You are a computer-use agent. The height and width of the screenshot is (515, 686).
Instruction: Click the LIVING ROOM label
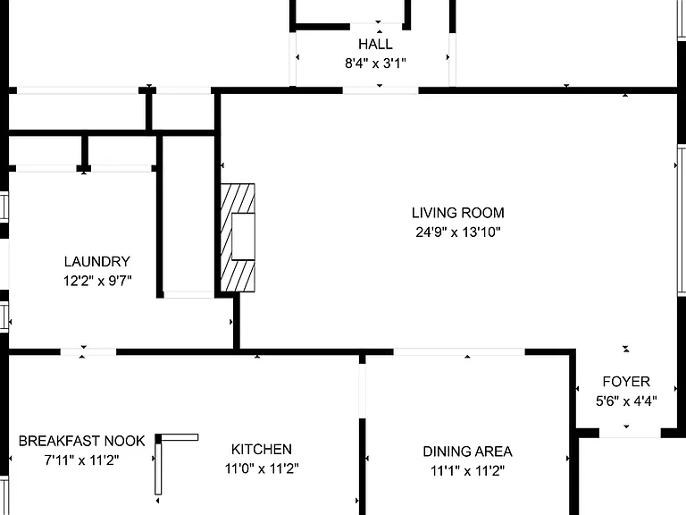click(457, 213)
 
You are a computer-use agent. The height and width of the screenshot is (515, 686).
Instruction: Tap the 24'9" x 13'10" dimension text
click(457, 232)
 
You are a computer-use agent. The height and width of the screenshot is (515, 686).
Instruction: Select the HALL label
click(375, 44)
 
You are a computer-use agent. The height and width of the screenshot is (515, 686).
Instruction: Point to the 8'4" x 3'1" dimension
click(375, 63)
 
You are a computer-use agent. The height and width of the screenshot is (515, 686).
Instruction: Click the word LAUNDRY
click(97, 261)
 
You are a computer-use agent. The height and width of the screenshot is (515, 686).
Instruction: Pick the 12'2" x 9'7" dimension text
click(97, 280)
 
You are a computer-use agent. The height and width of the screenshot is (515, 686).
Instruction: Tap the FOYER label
click(626, 382)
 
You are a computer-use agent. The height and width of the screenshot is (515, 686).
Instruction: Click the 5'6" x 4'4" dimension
click(626, 401)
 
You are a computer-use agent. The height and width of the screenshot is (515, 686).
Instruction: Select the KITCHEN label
click(261, 450)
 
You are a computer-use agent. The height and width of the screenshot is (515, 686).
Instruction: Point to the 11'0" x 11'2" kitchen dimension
click(261, 469)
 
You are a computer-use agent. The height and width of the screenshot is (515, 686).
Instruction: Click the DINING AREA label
click(467, 452)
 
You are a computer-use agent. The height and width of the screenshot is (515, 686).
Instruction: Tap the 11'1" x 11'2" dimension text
click(467, 471)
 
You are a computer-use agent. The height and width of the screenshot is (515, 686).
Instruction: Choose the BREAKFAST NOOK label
click(82, 441)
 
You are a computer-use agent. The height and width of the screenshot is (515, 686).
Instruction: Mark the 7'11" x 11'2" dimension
click(82, 460)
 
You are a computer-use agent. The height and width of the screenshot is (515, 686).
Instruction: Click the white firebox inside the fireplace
click(243, 236)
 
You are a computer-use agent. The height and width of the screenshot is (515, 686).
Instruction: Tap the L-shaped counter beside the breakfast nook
click(158, 464)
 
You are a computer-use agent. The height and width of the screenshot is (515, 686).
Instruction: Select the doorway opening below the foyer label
click(630, 434)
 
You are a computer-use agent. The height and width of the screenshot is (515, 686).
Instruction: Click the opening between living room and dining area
click(459, 352)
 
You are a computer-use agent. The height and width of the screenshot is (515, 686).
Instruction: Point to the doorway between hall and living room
click(381, 90)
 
